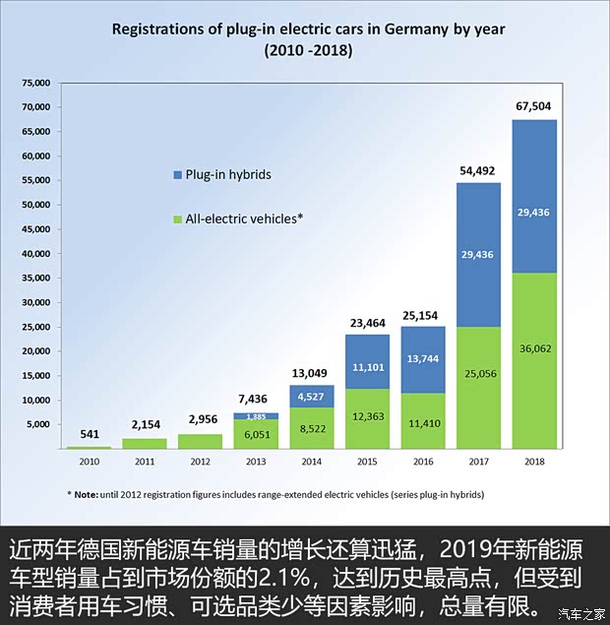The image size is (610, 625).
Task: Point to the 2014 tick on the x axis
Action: coord(311,462)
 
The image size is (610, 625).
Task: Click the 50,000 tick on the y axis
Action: coord(37,205)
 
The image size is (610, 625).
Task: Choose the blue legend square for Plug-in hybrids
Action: coord(177,174)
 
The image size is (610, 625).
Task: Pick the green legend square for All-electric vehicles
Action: coord(177,219)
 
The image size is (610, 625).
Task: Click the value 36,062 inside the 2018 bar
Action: coord(534,347)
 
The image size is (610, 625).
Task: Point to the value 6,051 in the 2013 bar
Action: coord(255,432)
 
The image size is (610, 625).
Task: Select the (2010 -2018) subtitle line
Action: coord(308,48)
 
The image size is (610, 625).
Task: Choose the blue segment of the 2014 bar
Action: coord(311,397)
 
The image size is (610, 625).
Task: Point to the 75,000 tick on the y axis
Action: coord(37,83)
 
